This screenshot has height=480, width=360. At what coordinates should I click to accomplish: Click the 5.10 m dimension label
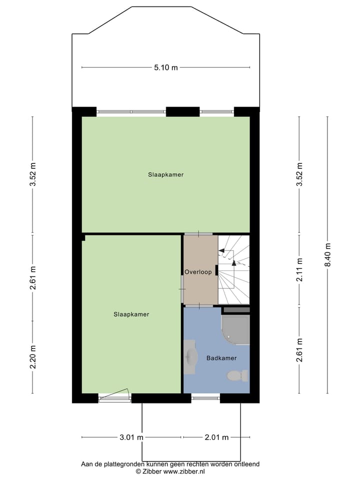pos(166,68)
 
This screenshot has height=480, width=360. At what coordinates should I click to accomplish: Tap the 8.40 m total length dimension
pos(328,254)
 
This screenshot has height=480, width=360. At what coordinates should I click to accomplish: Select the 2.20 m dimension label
pos(33,357)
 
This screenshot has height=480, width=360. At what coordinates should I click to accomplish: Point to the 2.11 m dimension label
pos(299,269)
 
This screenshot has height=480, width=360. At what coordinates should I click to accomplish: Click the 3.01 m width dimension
pos(131,437)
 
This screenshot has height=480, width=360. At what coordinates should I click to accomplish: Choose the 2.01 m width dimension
pos(216,437)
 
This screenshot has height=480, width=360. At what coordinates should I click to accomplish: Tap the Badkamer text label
pos(221,358)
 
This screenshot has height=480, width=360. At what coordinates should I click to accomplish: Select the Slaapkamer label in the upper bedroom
pos(165,175)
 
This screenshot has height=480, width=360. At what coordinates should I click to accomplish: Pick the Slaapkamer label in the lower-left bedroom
pos(131,314)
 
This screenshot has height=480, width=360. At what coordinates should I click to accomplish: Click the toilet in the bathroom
pos(237,375)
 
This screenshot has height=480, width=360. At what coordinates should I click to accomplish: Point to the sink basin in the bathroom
pos(190,357)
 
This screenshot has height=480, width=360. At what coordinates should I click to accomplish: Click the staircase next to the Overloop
pos(234,270)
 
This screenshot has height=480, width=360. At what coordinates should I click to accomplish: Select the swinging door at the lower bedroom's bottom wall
pos(114,395)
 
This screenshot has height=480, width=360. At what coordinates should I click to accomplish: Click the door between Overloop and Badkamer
pos(199,305)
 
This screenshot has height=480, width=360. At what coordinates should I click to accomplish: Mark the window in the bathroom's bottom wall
pos(205,398)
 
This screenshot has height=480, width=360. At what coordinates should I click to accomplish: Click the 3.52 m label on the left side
pos(33,175)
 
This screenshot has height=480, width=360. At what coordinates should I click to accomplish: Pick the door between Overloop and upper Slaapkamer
pos(198,233)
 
